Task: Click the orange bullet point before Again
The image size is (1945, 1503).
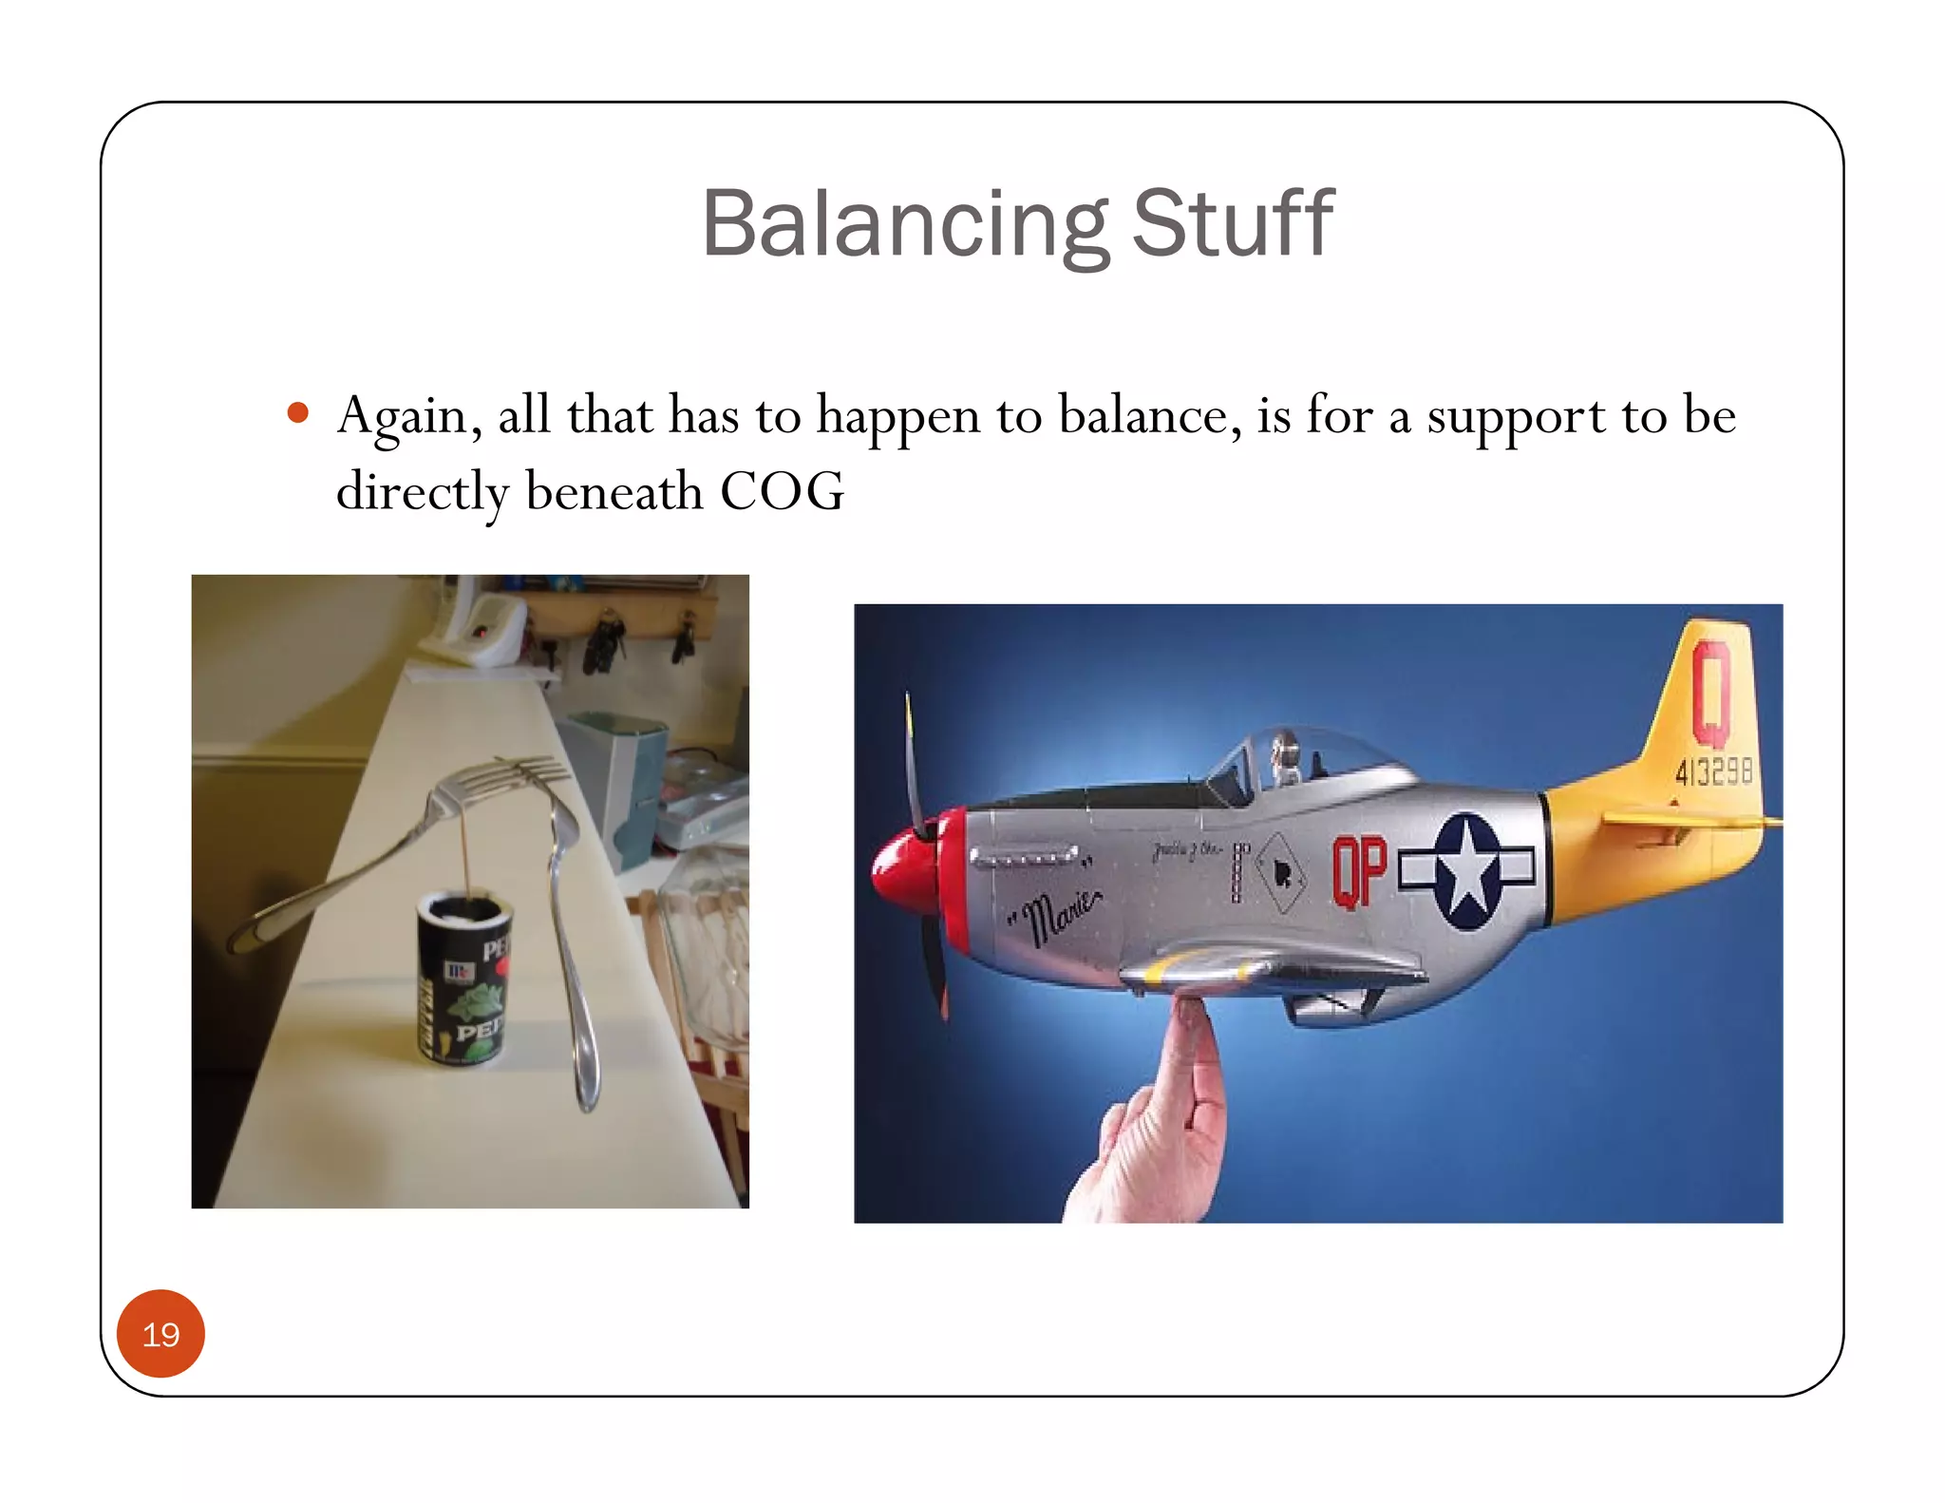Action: click(x=298, y=412)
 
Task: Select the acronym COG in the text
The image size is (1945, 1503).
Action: click(x=782, y=491)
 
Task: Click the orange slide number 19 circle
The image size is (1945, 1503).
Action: click(x=161, y=1334)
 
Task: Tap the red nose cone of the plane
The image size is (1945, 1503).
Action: click(x=902, y=870)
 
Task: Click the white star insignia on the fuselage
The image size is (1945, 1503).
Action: click(x=1468, y=869)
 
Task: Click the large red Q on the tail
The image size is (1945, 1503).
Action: click(x=1711, y=694)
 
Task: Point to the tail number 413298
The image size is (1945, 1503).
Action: click(x=1713, y=771)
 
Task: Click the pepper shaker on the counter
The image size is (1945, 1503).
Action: click(x=465, y=979)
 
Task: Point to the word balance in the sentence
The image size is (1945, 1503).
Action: click(x=1149, y=416)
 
